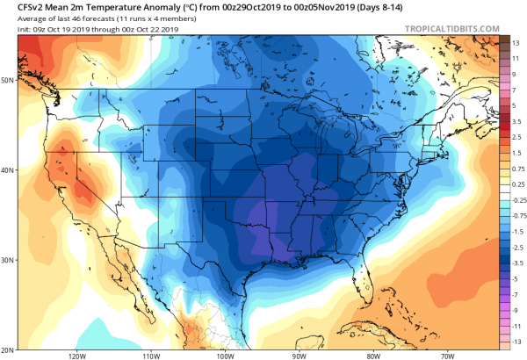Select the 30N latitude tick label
pos(7,260)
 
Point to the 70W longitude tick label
pos(447,355)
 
